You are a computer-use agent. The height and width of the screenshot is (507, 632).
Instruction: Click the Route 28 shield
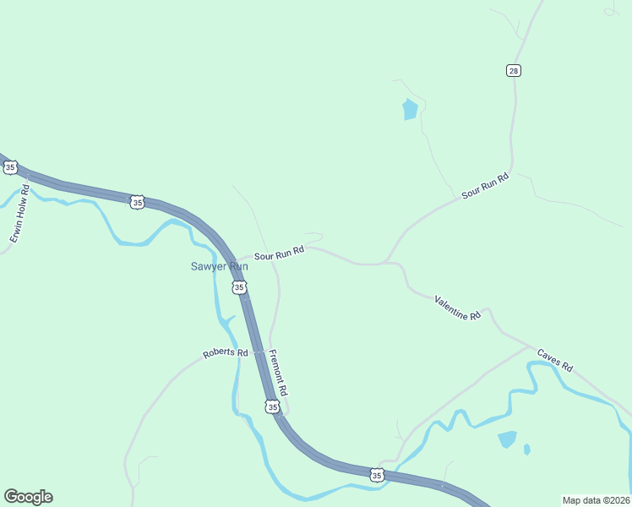tap(514, 70)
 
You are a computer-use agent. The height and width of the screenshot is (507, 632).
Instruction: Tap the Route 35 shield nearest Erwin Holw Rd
tap(10, 167)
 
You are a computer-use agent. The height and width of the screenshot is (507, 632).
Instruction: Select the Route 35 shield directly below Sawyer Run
tap(239, 288)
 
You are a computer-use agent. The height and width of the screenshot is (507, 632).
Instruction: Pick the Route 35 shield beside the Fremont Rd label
tap(271, 407)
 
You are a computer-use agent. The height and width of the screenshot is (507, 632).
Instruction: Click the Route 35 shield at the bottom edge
tap(377, 476)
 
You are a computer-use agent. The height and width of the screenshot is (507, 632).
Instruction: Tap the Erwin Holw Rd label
tap(20, 215)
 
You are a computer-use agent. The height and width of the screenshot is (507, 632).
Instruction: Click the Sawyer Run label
tap(218, 266)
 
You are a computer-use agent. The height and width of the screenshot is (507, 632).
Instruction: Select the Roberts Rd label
tap(225, 353)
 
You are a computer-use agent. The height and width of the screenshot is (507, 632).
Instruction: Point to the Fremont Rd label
tap(279, 373)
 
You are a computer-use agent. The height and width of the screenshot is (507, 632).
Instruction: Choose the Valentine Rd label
tap(457, 307)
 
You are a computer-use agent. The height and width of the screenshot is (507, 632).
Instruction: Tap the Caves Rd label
tap(555, 361)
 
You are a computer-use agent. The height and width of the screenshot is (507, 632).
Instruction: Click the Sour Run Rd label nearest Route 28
tap(486, 186)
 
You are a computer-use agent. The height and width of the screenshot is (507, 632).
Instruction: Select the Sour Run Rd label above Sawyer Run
tap(279, 253)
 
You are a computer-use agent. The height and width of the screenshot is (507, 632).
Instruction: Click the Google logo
tap(28, 497)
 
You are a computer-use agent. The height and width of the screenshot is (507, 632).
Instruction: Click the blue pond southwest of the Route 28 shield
tap(410, 110)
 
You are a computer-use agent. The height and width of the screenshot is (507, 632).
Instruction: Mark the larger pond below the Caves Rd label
tap(507, 439)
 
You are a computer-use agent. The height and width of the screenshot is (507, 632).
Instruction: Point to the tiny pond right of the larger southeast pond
tap(527, 449)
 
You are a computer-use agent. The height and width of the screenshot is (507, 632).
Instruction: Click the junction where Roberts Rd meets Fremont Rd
tap(269, 351)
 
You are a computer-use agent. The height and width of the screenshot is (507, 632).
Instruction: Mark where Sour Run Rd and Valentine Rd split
tap(389, 263)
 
